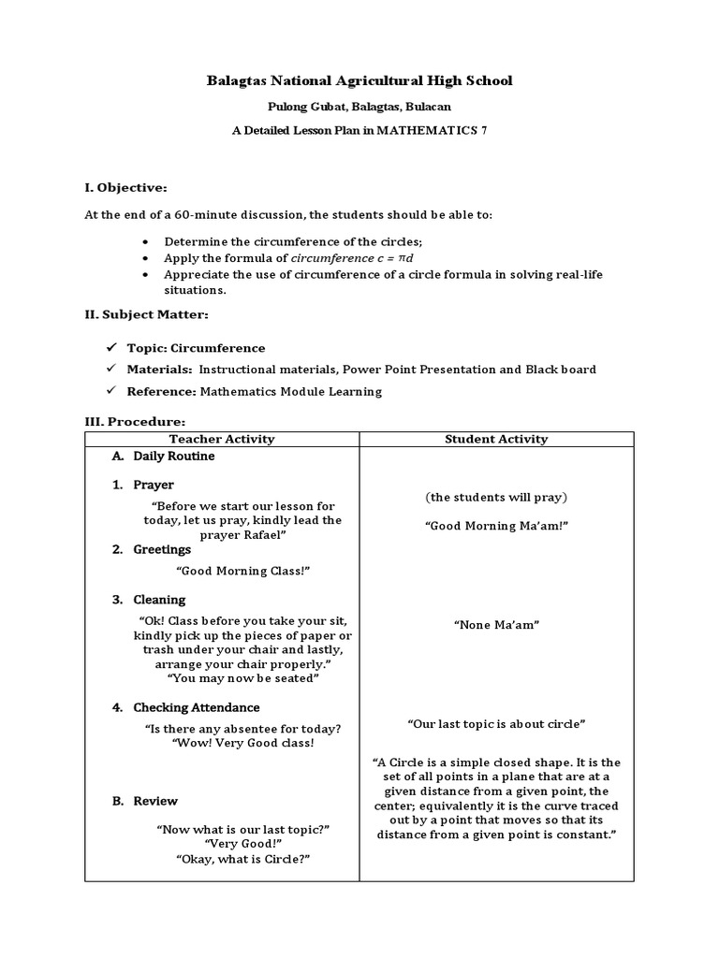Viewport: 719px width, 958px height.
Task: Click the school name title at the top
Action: pyautogui.click(x=359, y=81)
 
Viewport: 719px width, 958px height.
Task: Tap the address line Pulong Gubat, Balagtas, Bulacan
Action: pyautogui.click(x=359, y=108)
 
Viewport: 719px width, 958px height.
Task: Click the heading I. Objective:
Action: pyautogui.click(x=125, y=187)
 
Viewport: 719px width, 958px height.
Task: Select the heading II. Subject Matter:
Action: pyautogui.click(x=147, y=314)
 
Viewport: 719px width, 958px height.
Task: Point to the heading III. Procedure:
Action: pyautogui.click(x=135, y=422)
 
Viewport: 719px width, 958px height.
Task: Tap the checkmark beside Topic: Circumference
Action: pyautogui.click(x=110, y=347)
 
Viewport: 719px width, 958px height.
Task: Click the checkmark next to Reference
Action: pyautogui.click(x=110, y=391)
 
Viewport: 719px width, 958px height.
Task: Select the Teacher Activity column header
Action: pyautogui.click(x=222, y=439)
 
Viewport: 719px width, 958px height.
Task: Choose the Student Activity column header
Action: pyautogui.click(x=496, y=439)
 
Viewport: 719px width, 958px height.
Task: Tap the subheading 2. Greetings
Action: pyautogui.click(x=151, y=549)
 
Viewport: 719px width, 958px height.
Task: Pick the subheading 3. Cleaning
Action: pyautogui.click(x=149, y=600)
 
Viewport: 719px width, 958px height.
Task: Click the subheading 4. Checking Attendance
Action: pyautogui.click(x=185, y=707)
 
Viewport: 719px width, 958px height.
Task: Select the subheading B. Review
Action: pyautogui.click(x=145, y=801)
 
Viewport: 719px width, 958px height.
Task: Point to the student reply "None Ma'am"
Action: pyautogui.click(x=496, y=624)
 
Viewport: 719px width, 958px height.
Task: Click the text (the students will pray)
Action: pyautogui.click(x=496, y=497)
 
